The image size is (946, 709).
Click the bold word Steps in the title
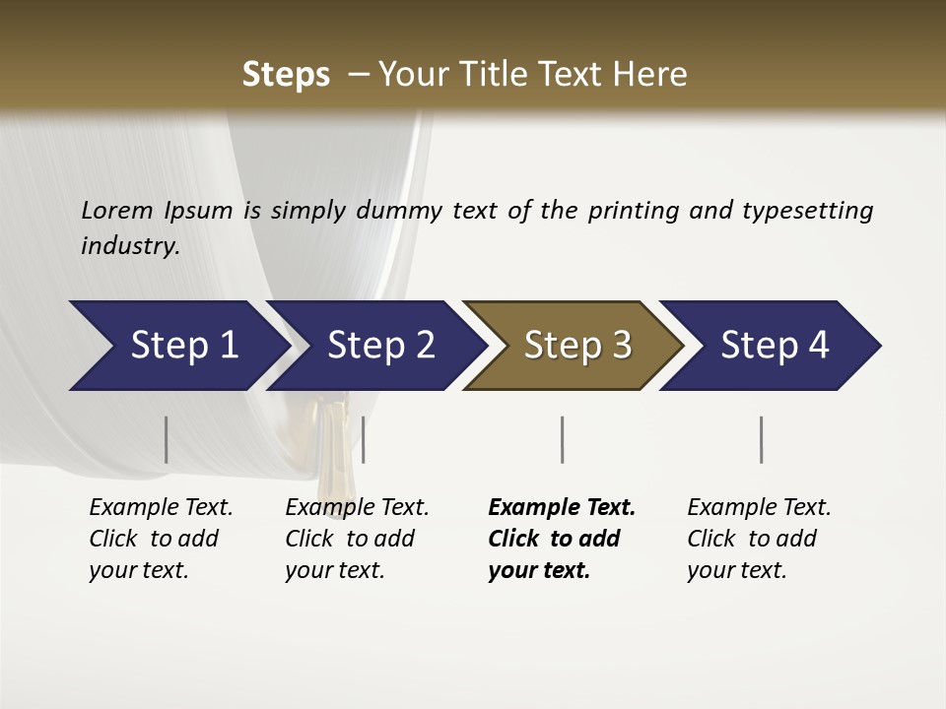(286, 75)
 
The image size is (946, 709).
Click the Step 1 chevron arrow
(177, 346)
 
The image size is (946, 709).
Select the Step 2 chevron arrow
(378, 346)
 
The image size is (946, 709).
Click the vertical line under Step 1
(167, 439)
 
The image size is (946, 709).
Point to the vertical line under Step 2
(364, 439)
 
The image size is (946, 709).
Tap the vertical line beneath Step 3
(562, 439)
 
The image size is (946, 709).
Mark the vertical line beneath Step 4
(762, 439)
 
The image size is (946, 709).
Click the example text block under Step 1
(161, 539)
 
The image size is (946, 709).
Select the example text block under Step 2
(357, 539)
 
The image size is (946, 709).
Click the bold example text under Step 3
(562, 539)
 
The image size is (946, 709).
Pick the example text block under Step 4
(759, 539)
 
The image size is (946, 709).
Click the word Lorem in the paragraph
(117, 211)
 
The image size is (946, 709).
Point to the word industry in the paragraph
(129, 246)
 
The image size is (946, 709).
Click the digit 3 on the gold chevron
(620, 346)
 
